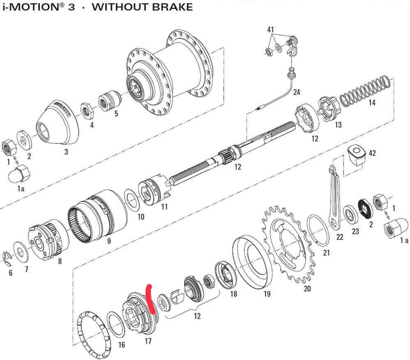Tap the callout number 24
[x=297, y=92]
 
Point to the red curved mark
[x=151, y=299]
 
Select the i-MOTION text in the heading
[x=33, y=7]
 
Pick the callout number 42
[x=372, y=153]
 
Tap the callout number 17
[x=148, y=341]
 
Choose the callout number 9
[x=109, y=241]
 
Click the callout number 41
[x=270, y=30]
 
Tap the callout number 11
[x=164, y=207]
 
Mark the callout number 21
[x=326, y=253]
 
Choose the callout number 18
[x=233, y=294]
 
